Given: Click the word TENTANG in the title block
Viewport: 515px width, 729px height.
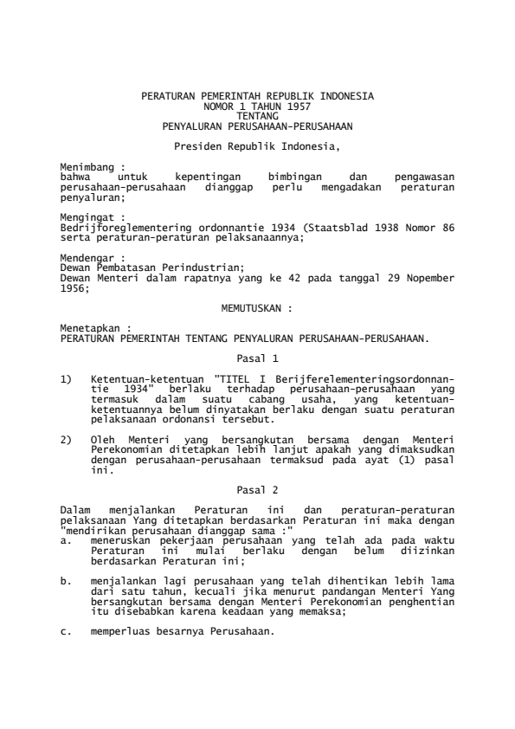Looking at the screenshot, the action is click(x=257, y=114).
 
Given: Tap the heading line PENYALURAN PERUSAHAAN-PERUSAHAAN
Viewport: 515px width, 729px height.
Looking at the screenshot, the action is click(x=257, y=125).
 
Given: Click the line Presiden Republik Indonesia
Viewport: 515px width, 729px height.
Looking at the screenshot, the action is click(x=257, y=145).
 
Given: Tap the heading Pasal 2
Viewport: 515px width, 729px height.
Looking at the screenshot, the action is click(x=257, y=489).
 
